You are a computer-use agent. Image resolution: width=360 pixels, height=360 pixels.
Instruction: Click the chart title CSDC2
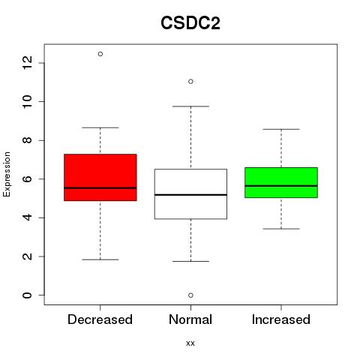tap(190, 23)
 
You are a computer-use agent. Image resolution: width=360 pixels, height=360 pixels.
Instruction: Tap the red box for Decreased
tap(100, 177)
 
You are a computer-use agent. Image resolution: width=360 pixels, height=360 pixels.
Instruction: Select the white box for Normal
tap(190, 194)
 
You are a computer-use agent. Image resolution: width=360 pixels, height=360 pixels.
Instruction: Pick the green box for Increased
tap(281, 182)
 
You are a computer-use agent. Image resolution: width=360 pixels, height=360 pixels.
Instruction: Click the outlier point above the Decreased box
tap(100, 54)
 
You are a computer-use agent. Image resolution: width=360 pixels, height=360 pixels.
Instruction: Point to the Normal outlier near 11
tap(190, 82)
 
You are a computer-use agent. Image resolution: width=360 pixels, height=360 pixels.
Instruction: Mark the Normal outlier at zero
tap(190, 295)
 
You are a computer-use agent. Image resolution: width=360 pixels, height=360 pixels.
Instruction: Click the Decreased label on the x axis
tap(100, 319)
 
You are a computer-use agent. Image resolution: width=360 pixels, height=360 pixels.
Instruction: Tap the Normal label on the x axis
tap(190, 319)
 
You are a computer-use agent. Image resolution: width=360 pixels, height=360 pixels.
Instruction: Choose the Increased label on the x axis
tap(281, 319)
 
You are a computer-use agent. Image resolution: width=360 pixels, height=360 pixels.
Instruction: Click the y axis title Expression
tap(7, 174)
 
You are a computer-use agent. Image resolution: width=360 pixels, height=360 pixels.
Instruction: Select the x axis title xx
tap(190, 343)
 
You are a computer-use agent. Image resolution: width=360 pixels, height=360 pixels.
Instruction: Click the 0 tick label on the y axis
tap(27, 295)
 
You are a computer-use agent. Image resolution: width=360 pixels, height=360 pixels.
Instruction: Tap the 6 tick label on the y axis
tap(27, 179)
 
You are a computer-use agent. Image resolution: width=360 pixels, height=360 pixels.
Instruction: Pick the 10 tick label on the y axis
tap(27, 101)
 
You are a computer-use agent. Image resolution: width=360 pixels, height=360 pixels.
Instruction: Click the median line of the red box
tap(100, 187)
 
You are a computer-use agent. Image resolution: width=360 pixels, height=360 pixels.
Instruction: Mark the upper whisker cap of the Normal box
tap(190, 106)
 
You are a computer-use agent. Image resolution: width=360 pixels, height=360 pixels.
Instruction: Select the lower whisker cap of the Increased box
tap(281, 229)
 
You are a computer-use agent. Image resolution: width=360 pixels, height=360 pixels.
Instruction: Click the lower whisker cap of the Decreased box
tap(100, 259)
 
